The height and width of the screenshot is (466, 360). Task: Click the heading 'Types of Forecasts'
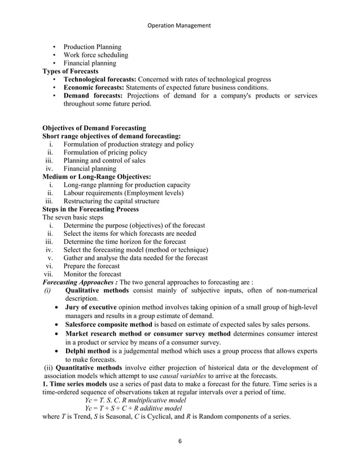click(x=71, y=72)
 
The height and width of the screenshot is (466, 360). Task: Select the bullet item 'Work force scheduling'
click(x=95, y=55)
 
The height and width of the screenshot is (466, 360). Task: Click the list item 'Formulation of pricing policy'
click(x=105, y=152)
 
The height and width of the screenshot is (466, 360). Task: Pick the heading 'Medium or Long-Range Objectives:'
click(x=96, y=177)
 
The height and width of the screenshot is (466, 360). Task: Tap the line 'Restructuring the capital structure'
click(x=111, y=201)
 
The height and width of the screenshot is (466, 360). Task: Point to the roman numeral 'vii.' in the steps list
click(x=50, y=274)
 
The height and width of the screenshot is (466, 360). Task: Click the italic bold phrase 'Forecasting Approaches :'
click(x=81, y=283)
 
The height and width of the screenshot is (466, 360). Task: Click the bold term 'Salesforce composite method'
click(x=108, y=325)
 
